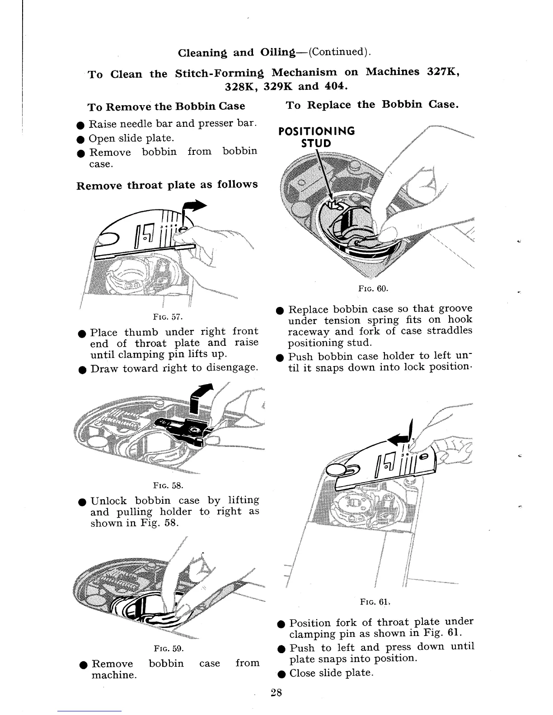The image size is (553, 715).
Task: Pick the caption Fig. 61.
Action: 375,602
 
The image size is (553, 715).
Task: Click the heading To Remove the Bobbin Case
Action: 166,107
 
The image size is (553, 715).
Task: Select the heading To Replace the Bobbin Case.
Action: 372,105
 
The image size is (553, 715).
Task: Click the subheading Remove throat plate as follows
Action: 167,185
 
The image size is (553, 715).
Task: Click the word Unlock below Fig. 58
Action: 108,501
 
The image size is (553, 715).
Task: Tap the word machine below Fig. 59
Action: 114,676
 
